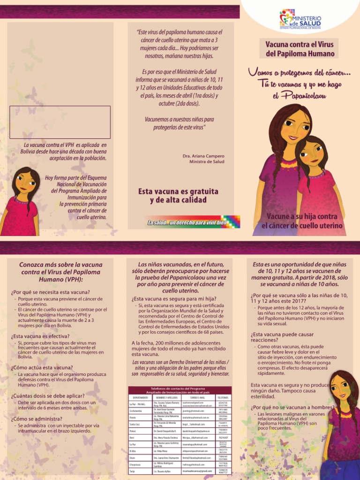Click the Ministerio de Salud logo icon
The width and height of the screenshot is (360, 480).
pyautogui.click(x=286, y=18)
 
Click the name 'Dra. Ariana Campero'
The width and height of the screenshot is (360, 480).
pyautogui.click(x=203, y=156)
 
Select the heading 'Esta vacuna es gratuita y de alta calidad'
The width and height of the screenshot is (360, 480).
pyautogui.click(x=178, y=196)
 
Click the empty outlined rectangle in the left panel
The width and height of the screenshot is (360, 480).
pyautogui.click(x=60, y=122)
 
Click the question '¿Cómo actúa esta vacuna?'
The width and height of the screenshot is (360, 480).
pyautogui.click(x=42, y=367)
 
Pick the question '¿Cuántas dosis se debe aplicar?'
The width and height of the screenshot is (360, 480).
pyautogui.click(x=48, y=396)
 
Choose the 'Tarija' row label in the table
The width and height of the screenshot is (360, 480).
pyautogui.click(x=133, y=471)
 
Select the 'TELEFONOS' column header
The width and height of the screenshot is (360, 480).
pyautogui.click(x=224, y=397)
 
